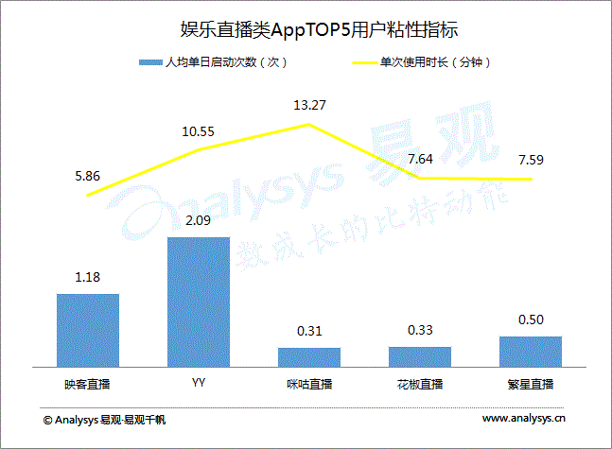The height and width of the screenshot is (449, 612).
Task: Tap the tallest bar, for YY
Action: point(199,301)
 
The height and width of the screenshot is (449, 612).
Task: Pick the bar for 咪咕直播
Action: point(308,356)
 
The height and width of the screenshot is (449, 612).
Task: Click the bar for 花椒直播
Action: point(419,355)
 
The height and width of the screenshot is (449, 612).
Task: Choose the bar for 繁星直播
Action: point(530,351)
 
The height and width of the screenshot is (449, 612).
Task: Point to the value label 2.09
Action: point(199,221)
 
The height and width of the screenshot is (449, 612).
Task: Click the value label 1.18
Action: point(88,278)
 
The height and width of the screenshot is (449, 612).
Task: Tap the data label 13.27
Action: point(309,105)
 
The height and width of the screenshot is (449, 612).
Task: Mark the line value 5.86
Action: point(88,176)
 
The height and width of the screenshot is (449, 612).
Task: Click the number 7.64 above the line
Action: point(419,159)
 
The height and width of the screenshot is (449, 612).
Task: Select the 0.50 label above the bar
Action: point(530,320)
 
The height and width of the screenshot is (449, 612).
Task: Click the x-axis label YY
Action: point(199,384)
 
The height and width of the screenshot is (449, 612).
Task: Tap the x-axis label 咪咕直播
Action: point(308,384)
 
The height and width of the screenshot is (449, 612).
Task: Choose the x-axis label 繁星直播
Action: point(530,384)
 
